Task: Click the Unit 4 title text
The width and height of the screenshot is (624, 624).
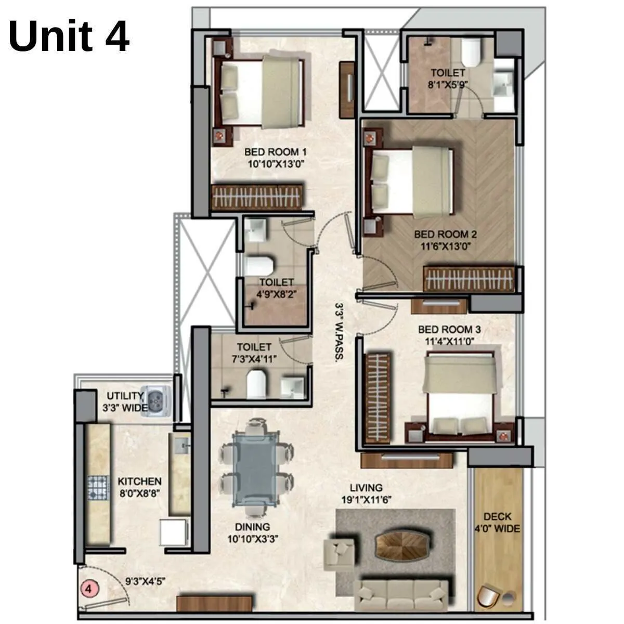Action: tap(69, 36)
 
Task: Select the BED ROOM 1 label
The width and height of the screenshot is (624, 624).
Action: tap(275, 152)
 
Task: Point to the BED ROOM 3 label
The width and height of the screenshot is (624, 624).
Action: tap(449, 330)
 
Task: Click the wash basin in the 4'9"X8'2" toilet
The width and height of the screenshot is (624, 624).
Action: tap(255, 230)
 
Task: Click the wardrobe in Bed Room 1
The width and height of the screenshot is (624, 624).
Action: tap(257, 198)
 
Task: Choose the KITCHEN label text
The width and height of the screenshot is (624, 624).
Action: tap(139, 482)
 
